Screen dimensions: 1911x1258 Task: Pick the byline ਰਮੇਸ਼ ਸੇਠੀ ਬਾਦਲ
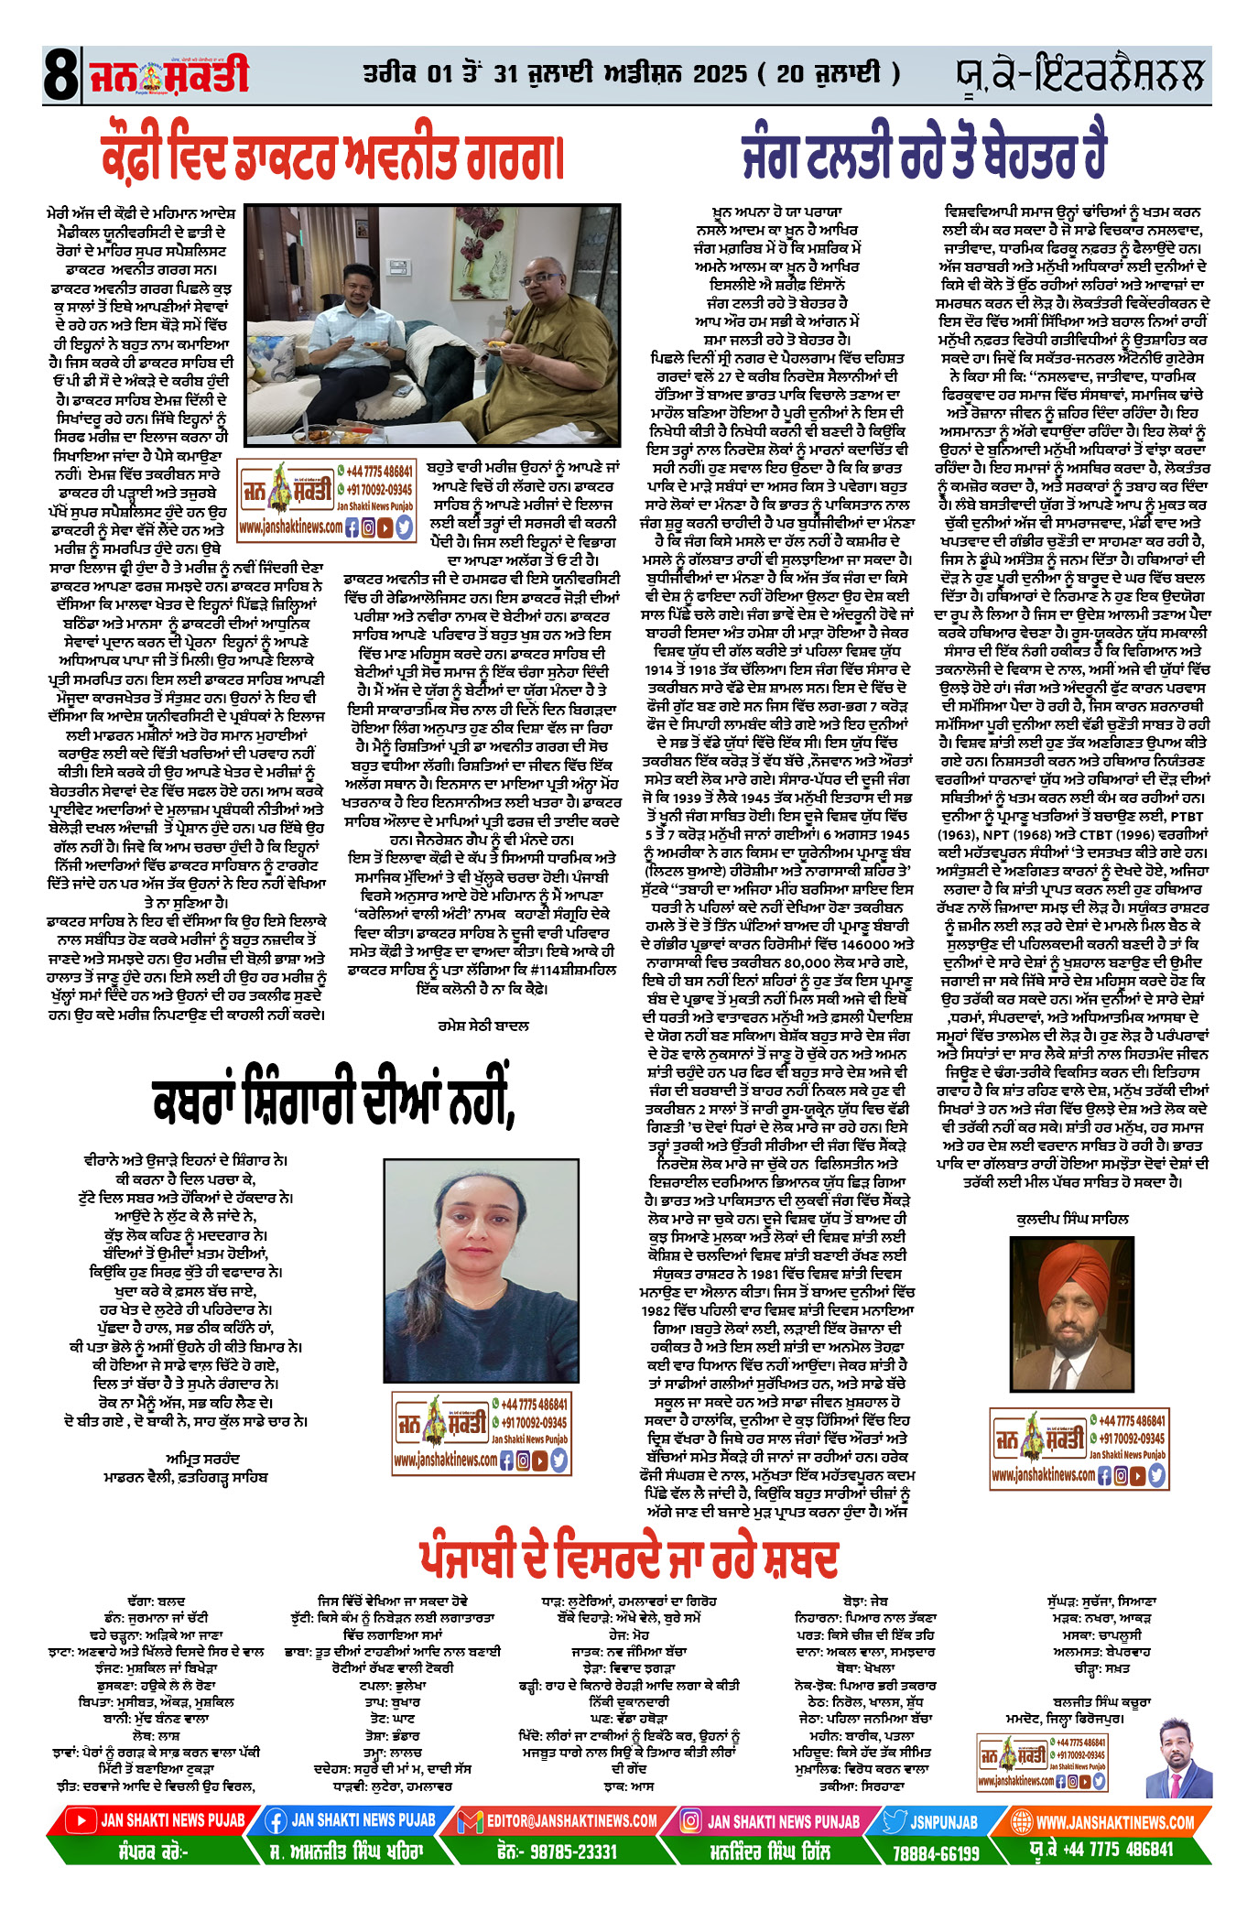pyautogui.click(x=483, y=1026)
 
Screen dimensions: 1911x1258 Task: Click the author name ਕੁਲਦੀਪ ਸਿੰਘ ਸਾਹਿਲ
pyautogui.click(x=1072, y=1219)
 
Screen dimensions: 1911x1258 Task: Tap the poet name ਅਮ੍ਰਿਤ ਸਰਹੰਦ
pyautogui.click(x=203, y=1459)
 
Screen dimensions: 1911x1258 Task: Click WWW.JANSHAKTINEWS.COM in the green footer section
pyautogui.click(x=1114, y=1821)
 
